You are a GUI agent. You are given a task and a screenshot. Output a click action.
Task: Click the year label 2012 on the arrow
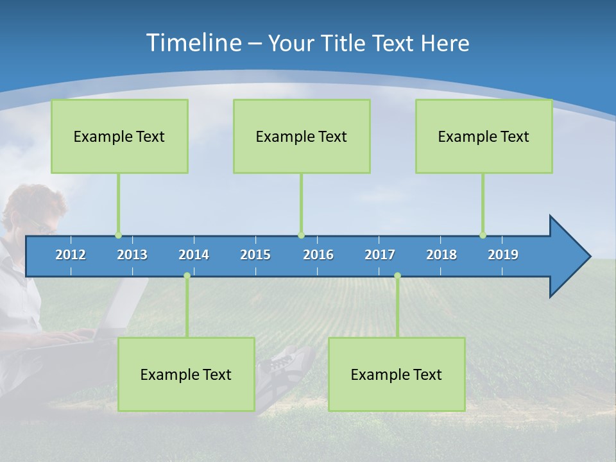pos(71,255)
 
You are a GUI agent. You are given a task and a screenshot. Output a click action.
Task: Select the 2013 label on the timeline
pos(132,255)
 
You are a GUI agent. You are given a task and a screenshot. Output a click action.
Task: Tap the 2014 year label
pos(194,255)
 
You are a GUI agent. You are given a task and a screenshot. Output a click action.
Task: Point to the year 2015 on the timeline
pos(255,255)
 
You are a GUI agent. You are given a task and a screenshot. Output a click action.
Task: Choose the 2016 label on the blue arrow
pos(318,255)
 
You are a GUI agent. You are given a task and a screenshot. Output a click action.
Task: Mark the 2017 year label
pos(380,255)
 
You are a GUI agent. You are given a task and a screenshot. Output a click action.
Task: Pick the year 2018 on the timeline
pos(441,255)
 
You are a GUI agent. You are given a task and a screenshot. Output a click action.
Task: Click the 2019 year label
pos(503,255)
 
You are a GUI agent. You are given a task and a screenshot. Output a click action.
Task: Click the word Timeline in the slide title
pos(193,43)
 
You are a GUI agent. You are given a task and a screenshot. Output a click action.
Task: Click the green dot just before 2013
pos(118,235)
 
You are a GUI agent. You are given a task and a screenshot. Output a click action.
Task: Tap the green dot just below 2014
pos(187,276)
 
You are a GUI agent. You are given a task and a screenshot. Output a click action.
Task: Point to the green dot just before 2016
pos(301,235)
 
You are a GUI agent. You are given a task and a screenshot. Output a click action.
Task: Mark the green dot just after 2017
pos(397,276)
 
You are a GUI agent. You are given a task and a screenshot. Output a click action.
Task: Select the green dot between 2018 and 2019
pos(483,235)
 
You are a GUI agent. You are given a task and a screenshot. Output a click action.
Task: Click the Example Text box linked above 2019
pos(484,136)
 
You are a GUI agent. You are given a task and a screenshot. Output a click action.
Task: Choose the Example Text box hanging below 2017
pos(397,374)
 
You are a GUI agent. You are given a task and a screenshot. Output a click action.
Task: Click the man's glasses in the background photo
pos(40,226)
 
